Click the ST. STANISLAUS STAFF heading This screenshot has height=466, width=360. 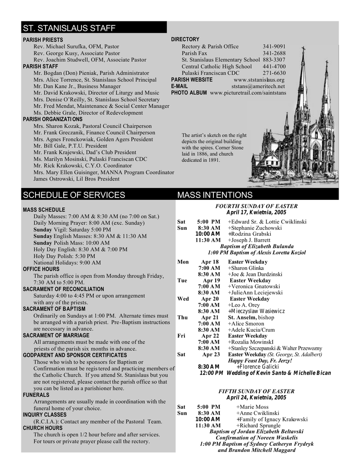pos(69,28)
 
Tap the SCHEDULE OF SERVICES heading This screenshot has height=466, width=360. pos(74,195)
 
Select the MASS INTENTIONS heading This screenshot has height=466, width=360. pos(215,195)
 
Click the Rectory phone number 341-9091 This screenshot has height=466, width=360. pos(274,46)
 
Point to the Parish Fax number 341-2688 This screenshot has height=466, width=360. pos(274,53)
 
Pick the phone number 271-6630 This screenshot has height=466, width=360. pos(274,73)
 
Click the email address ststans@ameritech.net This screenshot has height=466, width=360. pos(258,86)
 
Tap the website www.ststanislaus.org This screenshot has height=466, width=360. pos(259,80)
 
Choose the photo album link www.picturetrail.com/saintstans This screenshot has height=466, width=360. pos(248,93)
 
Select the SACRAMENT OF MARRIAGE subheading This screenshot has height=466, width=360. pos(56,335)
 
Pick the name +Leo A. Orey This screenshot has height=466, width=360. pos(243,305)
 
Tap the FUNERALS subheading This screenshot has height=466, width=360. pos(36,395)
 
